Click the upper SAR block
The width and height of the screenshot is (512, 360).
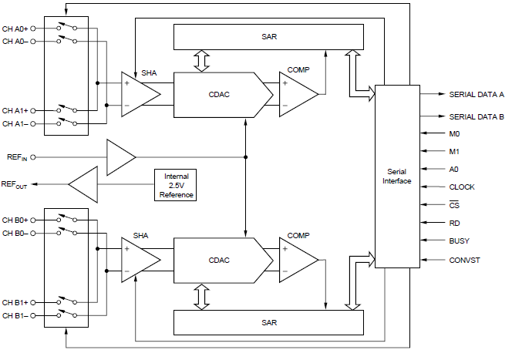click(x=268, y=35)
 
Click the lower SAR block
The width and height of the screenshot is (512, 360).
click(x=268, y=321)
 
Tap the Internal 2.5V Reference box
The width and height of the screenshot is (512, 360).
click(x=176, y=186)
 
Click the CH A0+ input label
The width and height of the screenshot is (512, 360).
click(x=15, y=28)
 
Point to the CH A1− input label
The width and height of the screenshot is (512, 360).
click(x=15, y=123)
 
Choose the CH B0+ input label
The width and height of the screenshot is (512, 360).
click(x=15, y=220)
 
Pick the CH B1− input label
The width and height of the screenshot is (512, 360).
click(x=15, y=316)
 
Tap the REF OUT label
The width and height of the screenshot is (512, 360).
click(x=15, y=185)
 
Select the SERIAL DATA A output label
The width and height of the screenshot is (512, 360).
click(x=476, y=94)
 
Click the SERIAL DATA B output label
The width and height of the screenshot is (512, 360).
click(x=476, y=117)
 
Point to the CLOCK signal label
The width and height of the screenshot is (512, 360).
click(x=462, y=187)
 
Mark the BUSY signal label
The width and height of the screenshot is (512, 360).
click(x=459, y=241)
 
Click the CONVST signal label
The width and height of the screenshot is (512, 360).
click(x=464, y=260)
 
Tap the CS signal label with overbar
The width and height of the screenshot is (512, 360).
click(x=454, y=205)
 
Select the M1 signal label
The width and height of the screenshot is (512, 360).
click(x=454, y=151)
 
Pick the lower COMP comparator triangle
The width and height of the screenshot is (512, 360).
click(x=297, y=257)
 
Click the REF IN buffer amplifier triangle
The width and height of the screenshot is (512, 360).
click(x=120, y=156)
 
